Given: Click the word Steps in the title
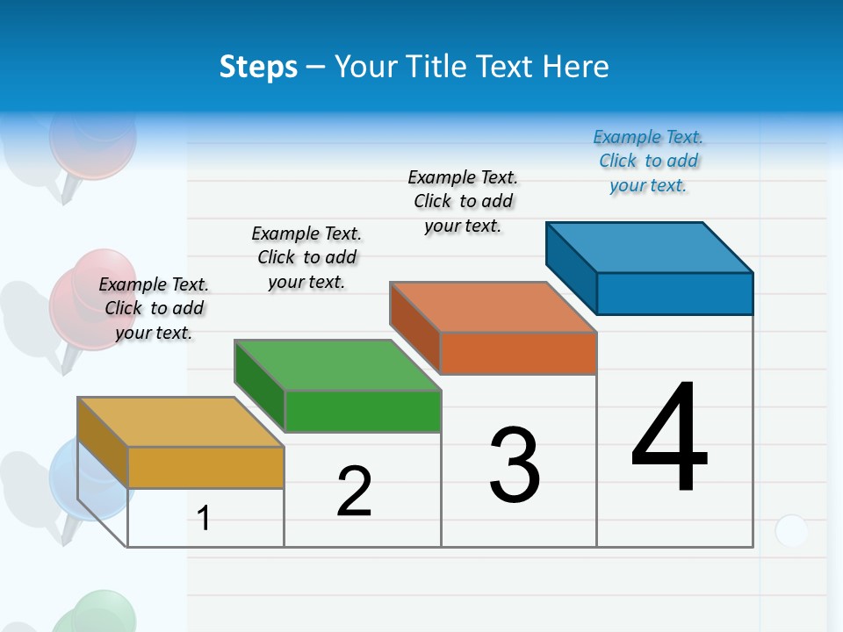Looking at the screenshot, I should click(x=258, y=67).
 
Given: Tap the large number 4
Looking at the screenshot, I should click(x=669, y=439).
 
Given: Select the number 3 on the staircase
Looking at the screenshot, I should click(x=515, y=466).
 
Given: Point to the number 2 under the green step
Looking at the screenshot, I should click(x=355, y=492).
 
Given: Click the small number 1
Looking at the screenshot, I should click(x=204, y=519).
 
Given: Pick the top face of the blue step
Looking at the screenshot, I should click(x=650, y=247).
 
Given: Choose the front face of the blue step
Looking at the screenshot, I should click(x=674, y=293).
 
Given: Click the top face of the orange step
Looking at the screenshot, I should click(x=494, y=306).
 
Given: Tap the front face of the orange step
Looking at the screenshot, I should click(x=518, y=353).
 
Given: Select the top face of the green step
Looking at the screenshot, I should click(x=338, y=364).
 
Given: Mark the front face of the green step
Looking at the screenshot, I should click(x=363, y=411).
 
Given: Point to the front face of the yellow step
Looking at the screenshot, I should click(x=206, y=467).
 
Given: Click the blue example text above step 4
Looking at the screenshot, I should click(x=648, y=161).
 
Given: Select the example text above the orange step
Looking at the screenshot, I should click(x=463, y=201).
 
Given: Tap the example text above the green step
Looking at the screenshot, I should click(x=306, y=257).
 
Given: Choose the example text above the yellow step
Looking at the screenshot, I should click(x=154, y=308).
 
